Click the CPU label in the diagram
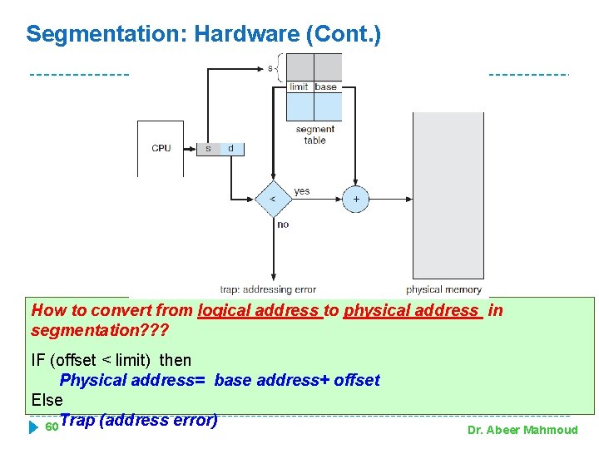point(161,149)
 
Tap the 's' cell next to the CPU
point(208,149)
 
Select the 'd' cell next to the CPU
point(230,149)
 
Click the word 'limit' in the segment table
point(299,86)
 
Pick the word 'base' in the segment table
point(326,86)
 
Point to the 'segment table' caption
point(315,135)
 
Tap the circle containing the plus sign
point(356,200)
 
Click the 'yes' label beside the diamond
point(302,191)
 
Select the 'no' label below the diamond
point(283,224)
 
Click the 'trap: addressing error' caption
point(268,290)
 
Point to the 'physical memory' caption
point(443,290)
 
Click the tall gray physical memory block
point(448,195)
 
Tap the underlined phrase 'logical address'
point(260,311)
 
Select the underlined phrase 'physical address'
point(413,311)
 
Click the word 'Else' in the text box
point(47,400)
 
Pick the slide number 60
point(50,427)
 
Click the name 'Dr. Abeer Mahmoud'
point(522,430)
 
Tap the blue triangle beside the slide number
point(34,427)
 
